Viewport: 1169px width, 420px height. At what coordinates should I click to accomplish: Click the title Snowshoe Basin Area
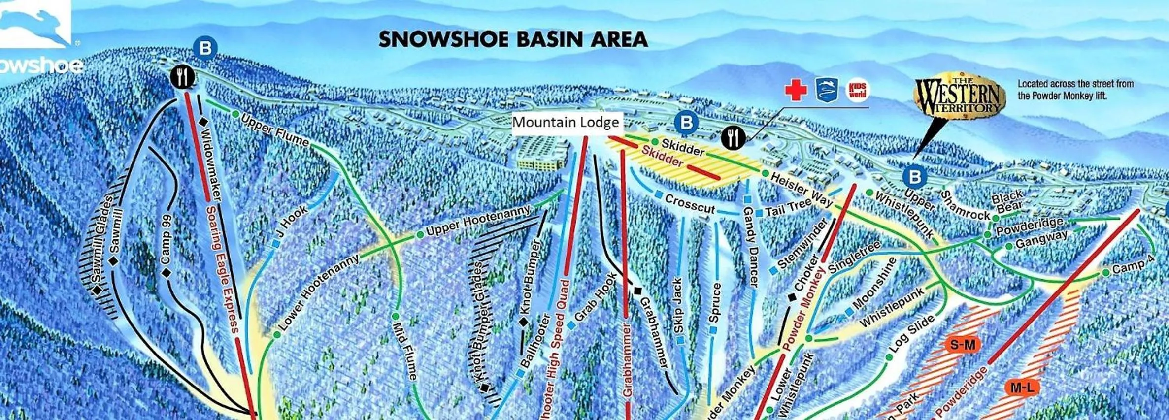(x=513, y=39)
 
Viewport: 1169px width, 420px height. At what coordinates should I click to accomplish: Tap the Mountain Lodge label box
(x=566, y=122)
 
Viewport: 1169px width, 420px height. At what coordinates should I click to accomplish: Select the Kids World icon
(x=858, y=90)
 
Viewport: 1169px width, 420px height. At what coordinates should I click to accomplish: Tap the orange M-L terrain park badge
(x=1022, y=388)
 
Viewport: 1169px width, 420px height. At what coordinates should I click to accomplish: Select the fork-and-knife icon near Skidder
(x=733, y=137)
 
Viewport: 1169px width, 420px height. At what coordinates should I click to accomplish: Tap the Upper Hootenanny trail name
(x=478, y=221)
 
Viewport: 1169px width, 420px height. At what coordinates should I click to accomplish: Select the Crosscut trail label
(x=689, y=203)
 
